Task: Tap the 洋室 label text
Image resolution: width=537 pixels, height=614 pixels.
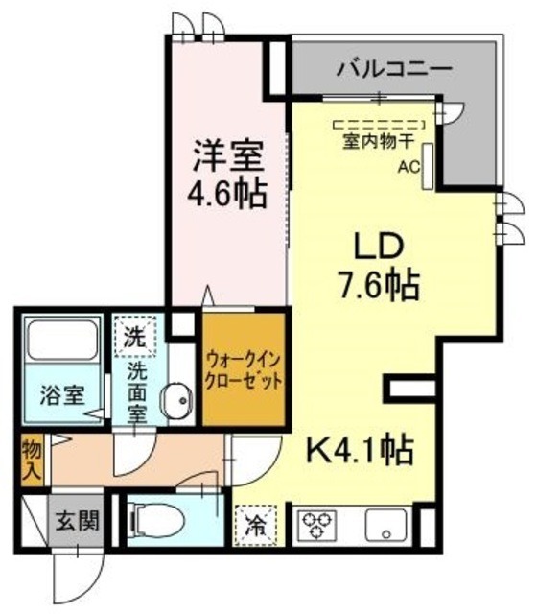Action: pos(226,153)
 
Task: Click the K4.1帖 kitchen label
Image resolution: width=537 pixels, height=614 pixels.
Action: pos(360,446)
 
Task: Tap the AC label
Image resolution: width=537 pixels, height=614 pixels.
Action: pos(409,164)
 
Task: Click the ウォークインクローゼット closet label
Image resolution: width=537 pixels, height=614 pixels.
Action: pos(244,369)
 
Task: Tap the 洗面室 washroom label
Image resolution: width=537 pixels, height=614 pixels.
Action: pos(136,384)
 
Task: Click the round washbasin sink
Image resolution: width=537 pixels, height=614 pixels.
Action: pos(175,402)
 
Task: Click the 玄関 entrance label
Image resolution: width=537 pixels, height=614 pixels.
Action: pos(69,524)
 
